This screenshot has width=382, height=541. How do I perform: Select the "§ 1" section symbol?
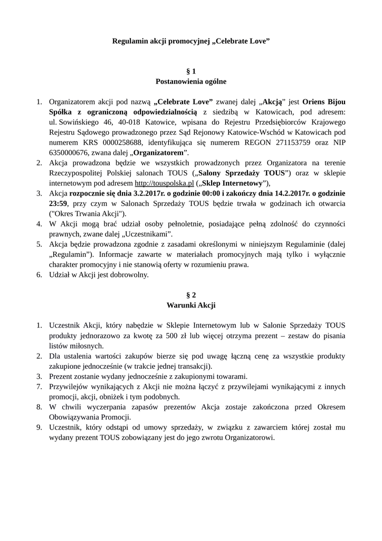point(191,71)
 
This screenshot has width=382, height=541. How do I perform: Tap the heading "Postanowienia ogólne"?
point(191,81)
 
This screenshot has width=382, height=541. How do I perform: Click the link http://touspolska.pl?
point(165,183)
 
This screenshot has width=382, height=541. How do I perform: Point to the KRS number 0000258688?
point(122,142)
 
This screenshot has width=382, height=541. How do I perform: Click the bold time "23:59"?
point(58,203)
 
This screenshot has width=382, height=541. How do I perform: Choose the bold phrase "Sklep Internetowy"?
point(231,183)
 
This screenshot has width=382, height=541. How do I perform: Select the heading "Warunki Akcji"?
point(191,305)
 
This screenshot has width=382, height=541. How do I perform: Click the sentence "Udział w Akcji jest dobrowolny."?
point(99,275)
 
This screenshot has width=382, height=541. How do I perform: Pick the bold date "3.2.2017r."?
point(150,193)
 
